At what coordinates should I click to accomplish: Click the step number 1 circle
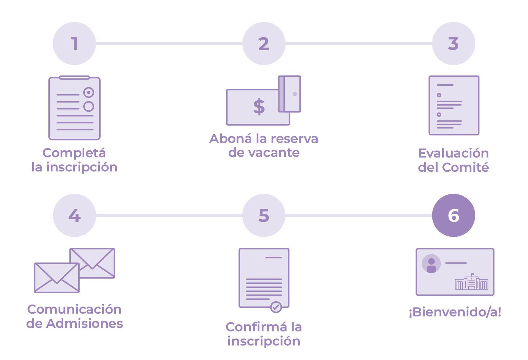(x=74, y=44)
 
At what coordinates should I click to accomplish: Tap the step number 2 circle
(x=264, y=44)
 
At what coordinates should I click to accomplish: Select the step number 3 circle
(x=453, y=44)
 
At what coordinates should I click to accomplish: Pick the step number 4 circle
(x=74, y=215)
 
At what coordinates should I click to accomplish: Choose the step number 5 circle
(x=264, y=215)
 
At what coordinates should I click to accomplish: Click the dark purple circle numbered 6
(x=453, y=215)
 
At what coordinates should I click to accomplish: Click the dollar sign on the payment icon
(x=259, y=107)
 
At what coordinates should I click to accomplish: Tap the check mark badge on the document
(x=276, y=307)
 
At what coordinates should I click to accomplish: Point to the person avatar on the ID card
(x=431, y=264)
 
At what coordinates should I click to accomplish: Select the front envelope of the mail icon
(x=57, y=278)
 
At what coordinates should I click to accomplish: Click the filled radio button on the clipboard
(x=89, y=92)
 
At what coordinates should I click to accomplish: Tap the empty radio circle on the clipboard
(x=89, y=106)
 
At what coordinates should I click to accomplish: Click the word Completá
(x=74, y=153)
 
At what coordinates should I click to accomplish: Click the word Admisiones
(x=84, y=323)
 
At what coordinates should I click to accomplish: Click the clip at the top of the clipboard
(x=75, y=78)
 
